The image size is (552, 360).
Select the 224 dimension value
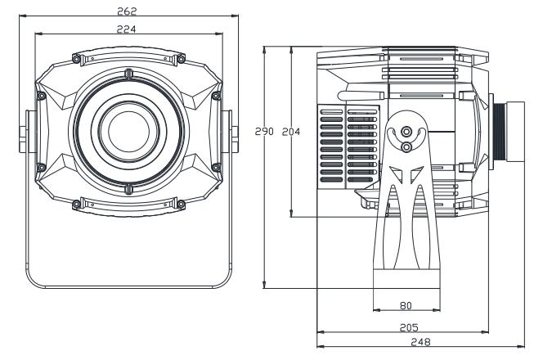click(x=127, y=29)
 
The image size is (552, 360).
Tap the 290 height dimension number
click(x=263, y=131)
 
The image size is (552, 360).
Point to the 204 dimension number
click(x=290, y=131)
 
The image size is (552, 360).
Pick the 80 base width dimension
click(x=406, y=304)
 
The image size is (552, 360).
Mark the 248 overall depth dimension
click(x=422, y=342)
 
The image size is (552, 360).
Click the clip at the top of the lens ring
click(x=128, y=75)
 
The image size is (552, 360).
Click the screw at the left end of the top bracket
click(x=76, y=59)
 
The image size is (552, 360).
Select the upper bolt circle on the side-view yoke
click(x=406, y=130)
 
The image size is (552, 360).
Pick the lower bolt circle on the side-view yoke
click(x=406, y=146)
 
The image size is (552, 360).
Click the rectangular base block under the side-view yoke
click(x=406, y=277)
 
